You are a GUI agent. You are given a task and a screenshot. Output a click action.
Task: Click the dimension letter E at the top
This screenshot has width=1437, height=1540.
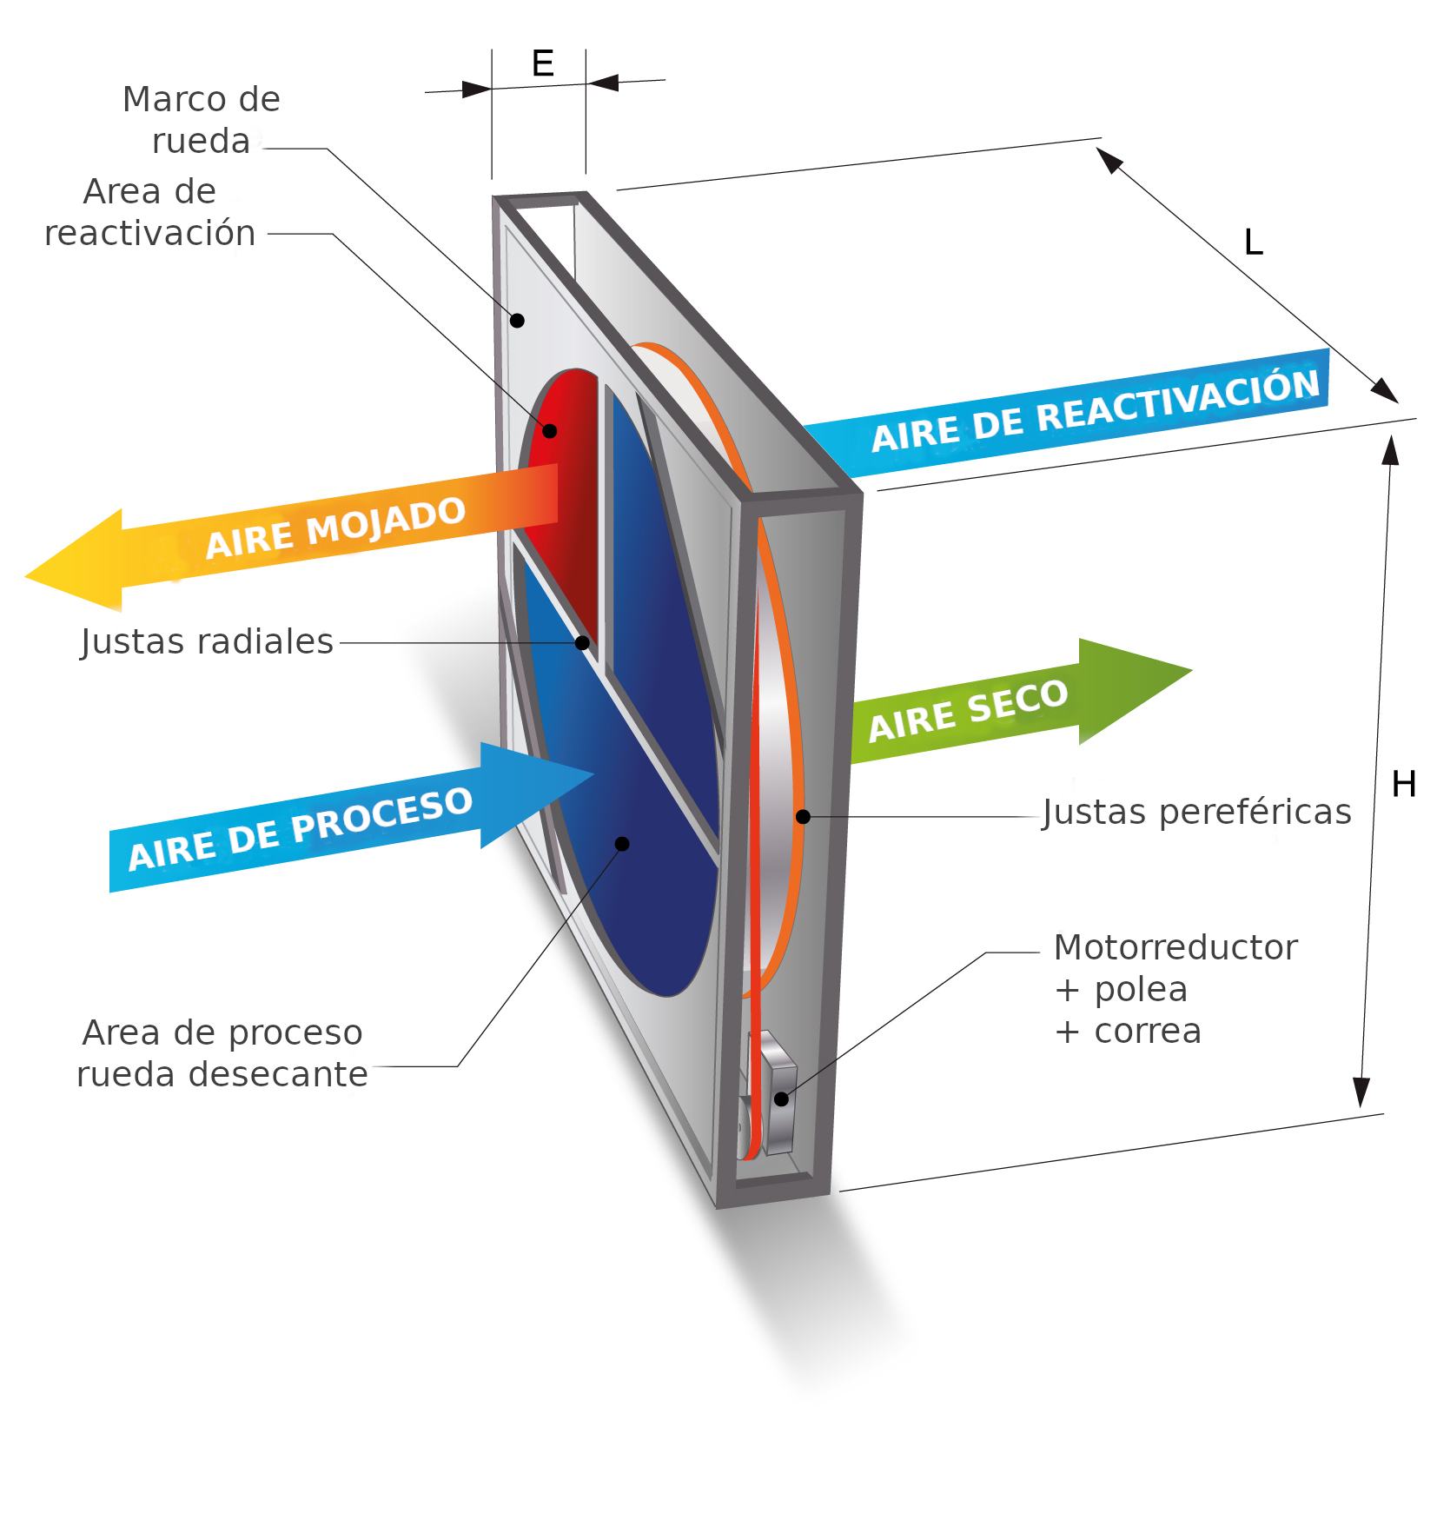tap(542, 63)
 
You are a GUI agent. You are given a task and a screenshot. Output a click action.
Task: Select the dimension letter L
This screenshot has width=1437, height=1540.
tap(1253, 242)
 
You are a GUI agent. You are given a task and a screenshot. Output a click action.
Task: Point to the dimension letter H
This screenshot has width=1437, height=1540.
tap(1403, 784)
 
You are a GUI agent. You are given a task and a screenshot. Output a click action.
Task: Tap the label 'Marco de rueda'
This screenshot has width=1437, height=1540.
tap(201, 120)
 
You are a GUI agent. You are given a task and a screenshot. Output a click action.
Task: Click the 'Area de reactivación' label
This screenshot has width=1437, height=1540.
tap(149, 212)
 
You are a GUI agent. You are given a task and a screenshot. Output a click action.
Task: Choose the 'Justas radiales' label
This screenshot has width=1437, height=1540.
tap(207, 641)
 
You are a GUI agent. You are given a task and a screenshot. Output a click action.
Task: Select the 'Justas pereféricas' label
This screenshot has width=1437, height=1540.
tap(1196, 812)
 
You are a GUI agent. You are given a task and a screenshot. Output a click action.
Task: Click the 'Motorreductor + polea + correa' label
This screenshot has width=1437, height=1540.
tap(1174, 988)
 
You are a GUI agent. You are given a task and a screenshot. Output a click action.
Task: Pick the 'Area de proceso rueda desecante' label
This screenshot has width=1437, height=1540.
tap(222, 1053)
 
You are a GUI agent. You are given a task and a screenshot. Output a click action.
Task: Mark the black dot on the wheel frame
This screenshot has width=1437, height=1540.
tap(517, 321)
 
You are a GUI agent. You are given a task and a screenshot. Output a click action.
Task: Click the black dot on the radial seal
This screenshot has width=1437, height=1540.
tap(582, 643)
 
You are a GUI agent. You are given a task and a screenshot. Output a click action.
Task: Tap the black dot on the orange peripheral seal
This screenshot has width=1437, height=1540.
tap(803, 817)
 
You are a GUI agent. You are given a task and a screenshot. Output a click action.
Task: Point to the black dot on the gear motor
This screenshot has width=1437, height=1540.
tap(781, 1099)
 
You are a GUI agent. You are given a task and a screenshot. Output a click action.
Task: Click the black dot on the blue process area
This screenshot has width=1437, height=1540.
tap(622, 844)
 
